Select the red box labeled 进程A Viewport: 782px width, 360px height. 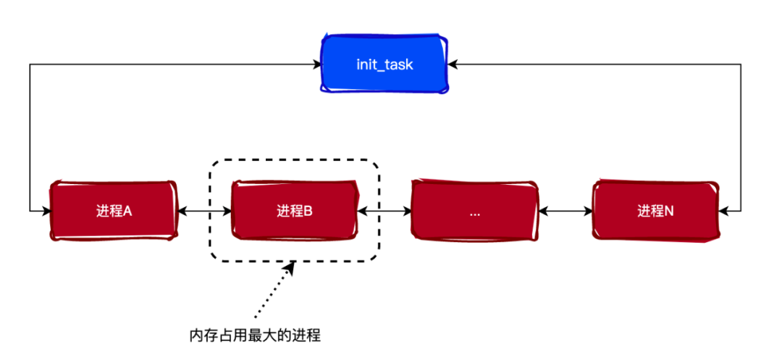pyautogui.click(x=114, y=211)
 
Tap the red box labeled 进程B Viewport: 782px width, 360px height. pyautogui.click(x=294, y=211)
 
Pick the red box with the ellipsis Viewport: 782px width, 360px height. pyautogui.click(x=475, y=211)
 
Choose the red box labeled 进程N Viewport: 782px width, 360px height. pyautogui.click(x=655, y=211)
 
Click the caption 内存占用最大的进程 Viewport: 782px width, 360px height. pyautogui.click(x=255, y=335)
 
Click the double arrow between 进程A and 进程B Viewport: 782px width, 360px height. pyautogui.click(x=204, y=211)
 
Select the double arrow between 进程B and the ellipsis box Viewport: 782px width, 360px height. pyautogui.click(x=384, y=211)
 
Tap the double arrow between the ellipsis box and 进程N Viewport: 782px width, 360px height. pyautogui.click(x=566, y=211)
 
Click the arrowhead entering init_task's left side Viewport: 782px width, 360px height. pyautogui.click(x=317, y=64)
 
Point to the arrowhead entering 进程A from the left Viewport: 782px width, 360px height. pyautogui.click(x=45, y=211)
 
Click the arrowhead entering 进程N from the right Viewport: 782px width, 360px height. pyautogui.click(x=723, y=211)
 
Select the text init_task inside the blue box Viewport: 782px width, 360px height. pyautogui.click(x=384, y=64)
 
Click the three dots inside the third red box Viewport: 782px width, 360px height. pyautogui.click(x=475, y=214)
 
